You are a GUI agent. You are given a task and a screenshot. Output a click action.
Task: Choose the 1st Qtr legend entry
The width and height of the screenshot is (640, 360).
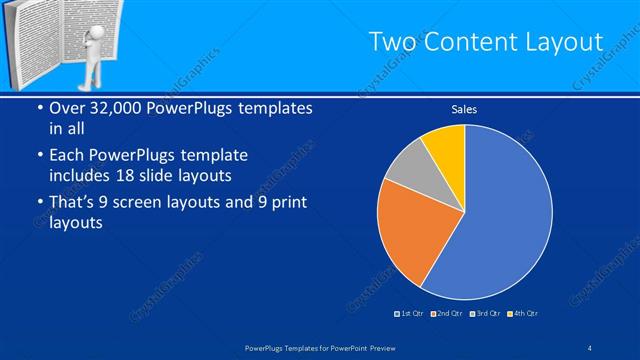point(410,314)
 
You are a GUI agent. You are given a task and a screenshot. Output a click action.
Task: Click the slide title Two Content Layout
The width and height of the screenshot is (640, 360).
point(486,42)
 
